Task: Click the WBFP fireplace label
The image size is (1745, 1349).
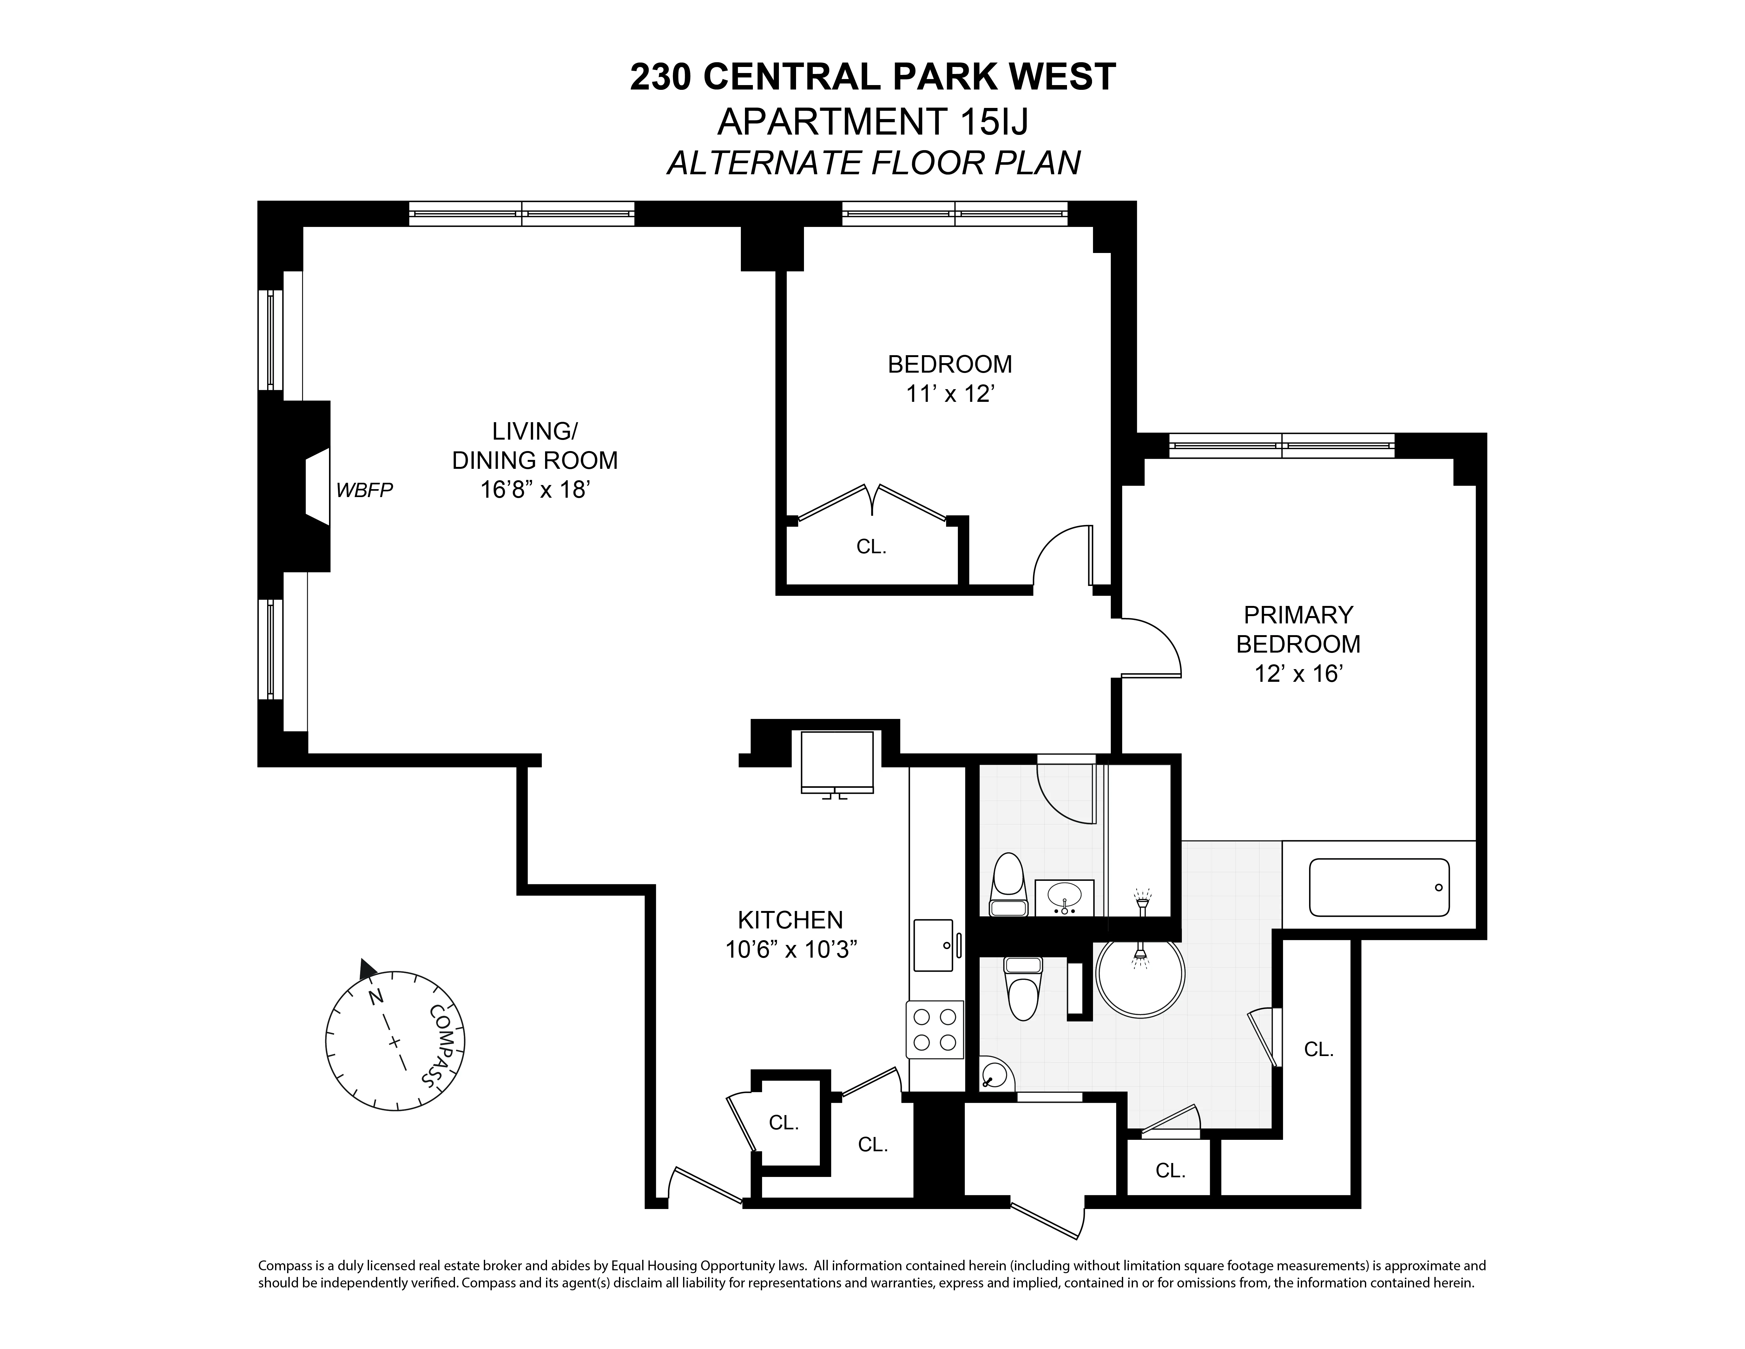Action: point(364,490)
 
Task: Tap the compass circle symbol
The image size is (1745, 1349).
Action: point(395,1040)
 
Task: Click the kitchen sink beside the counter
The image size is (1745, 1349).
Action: point(933,945)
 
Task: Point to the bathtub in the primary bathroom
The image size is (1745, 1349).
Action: point(1378,887)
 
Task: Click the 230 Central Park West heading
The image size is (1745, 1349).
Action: point(872,77)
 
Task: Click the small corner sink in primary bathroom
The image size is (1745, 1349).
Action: point(995,1076)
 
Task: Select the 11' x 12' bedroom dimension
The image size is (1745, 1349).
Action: point(949,394)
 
